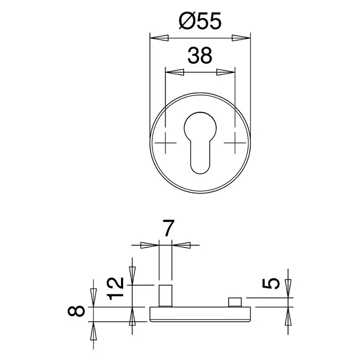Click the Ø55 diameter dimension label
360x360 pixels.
click(200, 21)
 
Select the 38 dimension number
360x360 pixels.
click(200, 55)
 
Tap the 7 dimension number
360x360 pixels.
click(168, 228)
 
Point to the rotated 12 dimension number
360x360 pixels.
click(116, 289)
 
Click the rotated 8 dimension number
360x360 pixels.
click(76, 311)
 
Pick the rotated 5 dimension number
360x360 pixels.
click(271, 283)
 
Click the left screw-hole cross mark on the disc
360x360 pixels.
click(166, 143)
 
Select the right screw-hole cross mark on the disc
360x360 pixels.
click(235, 143)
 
